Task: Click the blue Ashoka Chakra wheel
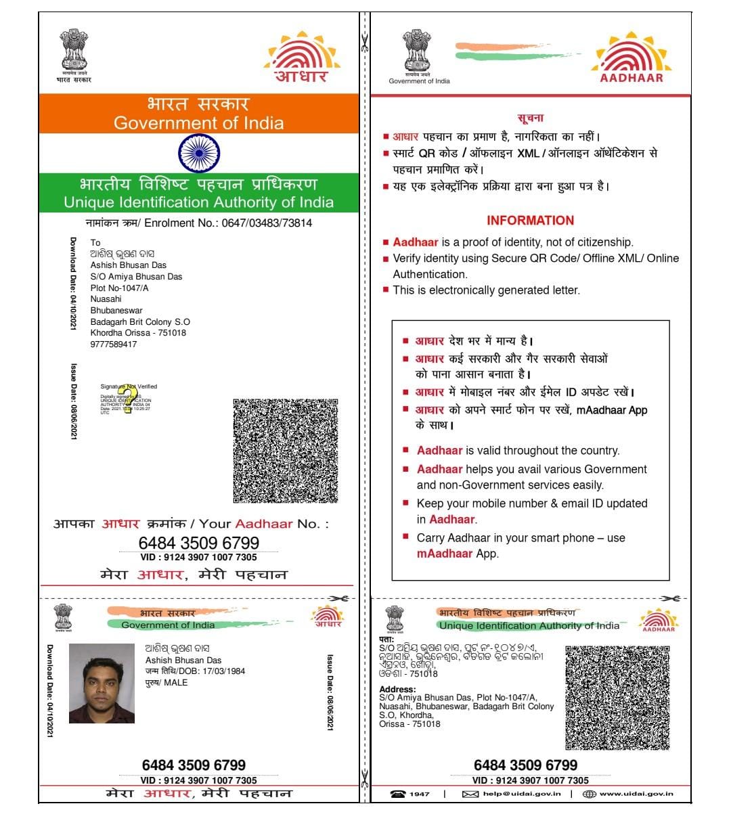click(x=198, y=153)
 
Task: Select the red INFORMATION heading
click(x=530, y=221)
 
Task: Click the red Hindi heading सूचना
click(x=530, y=118)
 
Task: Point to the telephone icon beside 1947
click(x=398, y=794)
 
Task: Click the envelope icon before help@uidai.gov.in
click(x=470, y=794)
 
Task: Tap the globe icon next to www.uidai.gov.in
click(x=590, y=794)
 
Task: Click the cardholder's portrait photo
click(x=102, y=684)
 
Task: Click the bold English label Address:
click(x=397, y=690)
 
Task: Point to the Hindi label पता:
click(x=386, y=640)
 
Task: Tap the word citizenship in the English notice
click(x=599, y=242)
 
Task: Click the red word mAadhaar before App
click(x=445, y=554)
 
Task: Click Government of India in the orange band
click(x=198, y=123)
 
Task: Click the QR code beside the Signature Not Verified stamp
click(x=286, y=450)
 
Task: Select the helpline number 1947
click(x=419, y=794)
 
